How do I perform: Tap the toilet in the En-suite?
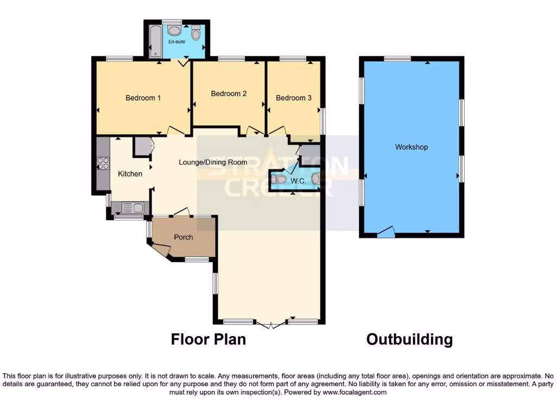[195, 33]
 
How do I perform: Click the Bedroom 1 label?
[143, 98]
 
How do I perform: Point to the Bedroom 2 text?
[229, 94]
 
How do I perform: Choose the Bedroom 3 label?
[294, 98]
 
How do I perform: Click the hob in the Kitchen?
[103, 163]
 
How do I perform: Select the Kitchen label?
[130, 174]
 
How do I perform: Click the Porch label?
[184, 237]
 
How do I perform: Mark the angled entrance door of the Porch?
[161, 250]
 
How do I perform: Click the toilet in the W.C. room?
[280, 179]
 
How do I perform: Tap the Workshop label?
[411, 147]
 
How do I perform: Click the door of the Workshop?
[386, 232]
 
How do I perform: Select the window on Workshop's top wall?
[397, 59]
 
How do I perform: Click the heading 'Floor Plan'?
[208, 340]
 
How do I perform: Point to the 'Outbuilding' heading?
[409, 340]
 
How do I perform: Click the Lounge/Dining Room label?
[213, 162]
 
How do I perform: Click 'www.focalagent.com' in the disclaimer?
[355, 392]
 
